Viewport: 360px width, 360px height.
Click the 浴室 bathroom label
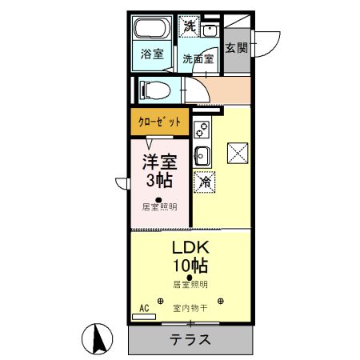(x=152, y=54)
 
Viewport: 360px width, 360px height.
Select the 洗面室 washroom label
(x=197, y=58)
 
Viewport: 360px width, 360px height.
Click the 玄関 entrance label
(x=236, y=48)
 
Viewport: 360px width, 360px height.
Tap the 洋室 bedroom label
(x=160, y=160)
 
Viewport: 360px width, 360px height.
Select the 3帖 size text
(x=160, y=179)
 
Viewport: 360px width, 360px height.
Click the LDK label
(x=190, y=246)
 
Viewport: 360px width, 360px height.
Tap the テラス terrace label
(x=190, y=339)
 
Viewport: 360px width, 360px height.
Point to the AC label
(x=145, y=307)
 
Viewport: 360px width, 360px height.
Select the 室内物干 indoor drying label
(x=190, y=307)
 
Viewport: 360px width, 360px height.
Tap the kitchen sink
(x=202, y=154)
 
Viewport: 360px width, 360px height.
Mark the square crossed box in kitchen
(x=238, y=152)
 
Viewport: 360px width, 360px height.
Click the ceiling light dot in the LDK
(x=190, y=278)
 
